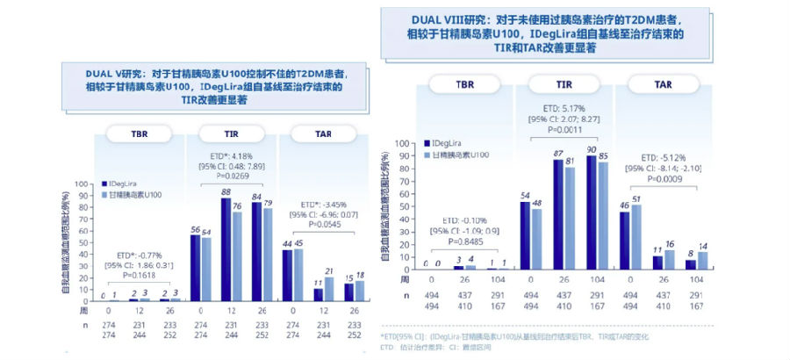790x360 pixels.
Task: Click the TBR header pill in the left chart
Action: click(140, 133)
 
